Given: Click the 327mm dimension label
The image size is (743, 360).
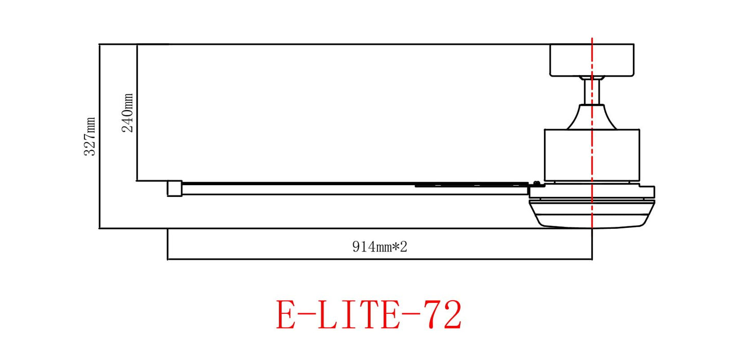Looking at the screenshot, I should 90,137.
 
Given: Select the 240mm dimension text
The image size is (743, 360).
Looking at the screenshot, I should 128,113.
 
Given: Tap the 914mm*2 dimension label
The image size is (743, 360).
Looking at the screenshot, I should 379,247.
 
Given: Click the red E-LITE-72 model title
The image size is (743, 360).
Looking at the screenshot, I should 369,315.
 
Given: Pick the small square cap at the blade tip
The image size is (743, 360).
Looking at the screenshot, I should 175,188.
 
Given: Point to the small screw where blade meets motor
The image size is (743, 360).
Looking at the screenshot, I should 536,182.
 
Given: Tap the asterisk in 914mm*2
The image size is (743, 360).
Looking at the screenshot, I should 395,247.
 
